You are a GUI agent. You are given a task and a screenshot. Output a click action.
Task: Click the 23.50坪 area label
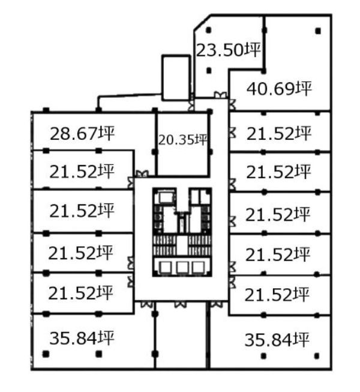(229, 50)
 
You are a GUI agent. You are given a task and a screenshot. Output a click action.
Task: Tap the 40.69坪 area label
(279, 88)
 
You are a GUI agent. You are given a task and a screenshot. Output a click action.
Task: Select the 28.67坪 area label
(82, 133)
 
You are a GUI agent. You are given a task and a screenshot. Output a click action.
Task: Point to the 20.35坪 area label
(183, 140)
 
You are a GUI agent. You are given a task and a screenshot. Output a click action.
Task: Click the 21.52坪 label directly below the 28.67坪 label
(82, 172)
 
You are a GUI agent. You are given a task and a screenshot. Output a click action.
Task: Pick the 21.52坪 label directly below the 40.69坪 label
(279, 133)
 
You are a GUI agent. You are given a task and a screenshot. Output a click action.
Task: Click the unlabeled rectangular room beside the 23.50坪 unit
(176, 77)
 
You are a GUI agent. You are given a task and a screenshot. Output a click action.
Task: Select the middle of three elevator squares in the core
(182, 268)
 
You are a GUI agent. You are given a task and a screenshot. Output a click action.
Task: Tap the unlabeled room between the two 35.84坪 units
(181, 335)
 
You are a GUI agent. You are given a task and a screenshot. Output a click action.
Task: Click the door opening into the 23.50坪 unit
(221, 95)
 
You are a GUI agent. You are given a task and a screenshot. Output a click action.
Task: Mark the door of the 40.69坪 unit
(232, 104)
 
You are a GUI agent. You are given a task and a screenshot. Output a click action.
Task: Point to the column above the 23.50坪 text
(209, 30)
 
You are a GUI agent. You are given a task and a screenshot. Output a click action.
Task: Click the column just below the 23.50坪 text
(209, 70)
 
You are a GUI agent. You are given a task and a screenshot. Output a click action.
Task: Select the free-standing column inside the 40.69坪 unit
(318, 31)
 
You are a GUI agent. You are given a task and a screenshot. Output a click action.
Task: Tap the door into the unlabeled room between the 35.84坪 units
(181, 304)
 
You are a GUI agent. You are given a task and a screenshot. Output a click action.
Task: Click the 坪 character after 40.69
(304, 88)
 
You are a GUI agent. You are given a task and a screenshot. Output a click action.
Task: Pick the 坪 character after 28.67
(107, 133)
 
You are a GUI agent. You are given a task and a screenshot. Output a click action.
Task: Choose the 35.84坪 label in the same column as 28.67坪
(82, 338)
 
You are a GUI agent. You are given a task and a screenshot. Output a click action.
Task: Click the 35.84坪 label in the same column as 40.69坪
(277, 340)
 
